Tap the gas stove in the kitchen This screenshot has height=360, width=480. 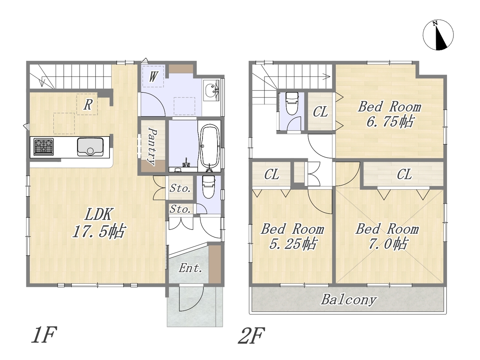(43, 147)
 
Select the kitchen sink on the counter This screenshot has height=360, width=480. (90, 147)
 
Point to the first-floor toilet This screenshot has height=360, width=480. (208, 187)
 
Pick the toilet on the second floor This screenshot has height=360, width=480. (292, 103)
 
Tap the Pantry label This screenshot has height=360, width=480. (152, 147)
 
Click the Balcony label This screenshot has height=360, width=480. (349, 300)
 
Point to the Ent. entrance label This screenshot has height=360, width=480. (190, 268)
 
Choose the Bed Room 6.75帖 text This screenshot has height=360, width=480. (390, 114)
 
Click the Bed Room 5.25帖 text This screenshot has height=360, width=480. (292, 237)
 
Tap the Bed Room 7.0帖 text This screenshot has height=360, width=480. (387, 237)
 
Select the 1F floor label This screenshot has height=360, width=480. (44, 334)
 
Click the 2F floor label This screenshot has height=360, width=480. (252, 336)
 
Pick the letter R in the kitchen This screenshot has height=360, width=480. (88, 105)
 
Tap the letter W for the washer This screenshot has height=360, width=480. (153, 76)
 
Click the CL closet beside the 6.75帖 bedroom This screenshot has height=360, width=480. (320, 112)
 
